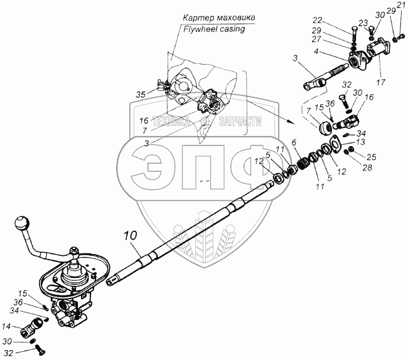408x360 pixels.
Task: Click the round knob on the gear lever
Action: coord(22,223)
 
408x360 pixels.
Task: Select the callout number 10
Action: coord(130,235)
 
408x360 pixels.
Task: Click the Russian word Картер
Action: coord(198,18)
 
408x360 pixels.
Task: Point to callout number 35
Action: coord(141,95)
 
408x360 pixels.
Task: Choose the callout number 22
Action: coord(318,20)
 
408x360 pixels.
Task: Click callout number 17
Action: coord(380,83)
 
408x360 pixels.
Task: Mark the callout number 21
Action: coord(401,4)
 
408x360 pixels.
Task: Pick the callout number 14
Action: coord(6,326)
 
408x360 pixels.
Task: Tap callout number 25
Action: coord(372,157)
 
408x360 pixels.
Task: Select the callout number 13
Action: coord(361,142)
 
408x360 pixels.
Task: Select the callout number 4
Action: coord(316,51)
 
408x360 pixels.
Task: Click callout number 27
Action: coord(317,40)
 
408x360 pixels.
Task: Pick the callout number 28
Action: coord(367,167)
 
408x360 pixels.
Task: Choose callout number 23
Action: coord(363,23)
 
